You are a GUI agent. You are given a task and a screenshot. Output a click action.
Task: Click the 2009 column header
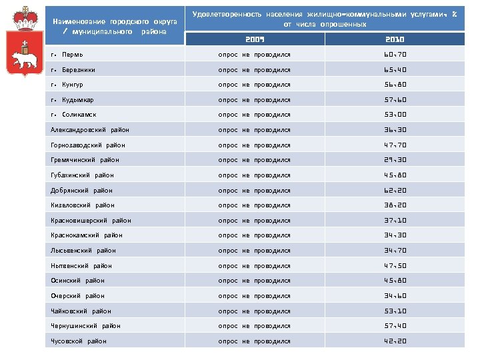(x=255, y=39)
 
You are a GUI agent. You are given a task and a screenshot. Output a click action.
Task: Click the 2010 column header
(x=395, y=39)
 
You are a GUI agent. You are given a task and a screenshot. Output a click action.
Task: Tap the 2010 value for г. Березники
(x=395, y=69)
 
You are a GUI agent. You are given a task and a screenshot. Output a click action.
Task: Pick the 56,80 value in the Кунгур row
(x=395, y=85)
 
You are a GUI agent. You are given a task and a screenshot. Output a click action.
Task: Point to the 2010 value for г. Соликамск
(x=395, y=115)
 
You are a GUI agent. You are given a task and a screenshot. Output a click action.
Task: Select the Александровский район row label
(x=90, y=130)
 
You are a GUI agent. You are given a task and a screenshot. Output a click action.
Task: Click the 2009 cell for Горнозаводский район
(x=255, y=145)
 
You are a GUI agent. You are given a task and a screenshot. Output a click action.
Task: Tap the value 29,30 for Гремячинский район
(x=395, y=160)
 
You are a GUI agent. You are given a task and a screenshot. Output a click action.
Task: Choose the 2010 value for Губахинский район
(x=395, y=175)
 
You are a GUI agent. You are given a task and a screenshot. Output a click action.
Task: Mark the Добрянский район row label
(x=82, y=190)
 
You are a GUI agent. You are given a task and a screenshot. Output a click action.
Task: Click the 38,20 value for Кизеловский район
(x=395, y=205)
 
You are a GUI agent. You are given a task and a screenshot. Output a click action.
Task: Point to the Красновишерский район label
(x=91, y=221)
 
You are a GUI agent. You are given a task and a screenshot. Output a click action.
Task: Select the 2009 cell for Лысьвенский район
(x=255, y=251)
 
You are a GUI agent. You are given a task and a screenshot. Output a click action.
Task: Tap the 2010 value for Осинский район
(x=395, y=281)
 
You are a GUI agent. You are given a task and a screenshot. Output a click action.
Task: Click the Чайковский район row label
(x=81, y=311)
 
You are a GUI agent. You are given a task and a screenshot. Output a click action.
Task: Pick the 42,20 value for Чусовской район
(x=395, y=341)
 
